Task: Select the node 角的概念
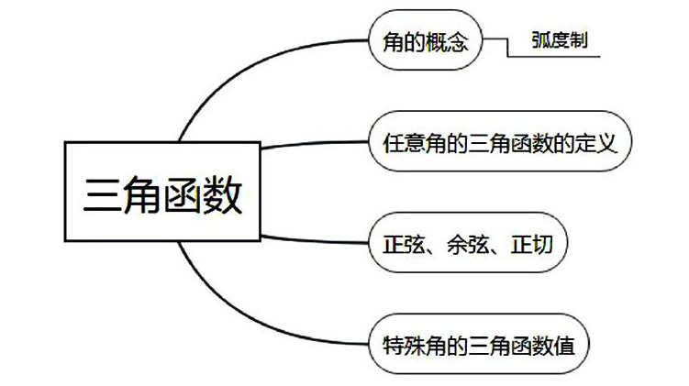424,41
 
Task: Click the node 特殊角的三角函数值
478,346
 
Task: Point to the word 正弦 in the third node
399,244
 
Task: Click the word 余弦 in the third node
455,244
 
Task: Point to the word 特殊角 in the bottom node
408,346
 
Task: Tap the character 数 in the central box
224,195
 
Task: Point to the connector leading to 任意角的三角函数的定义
312,144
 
